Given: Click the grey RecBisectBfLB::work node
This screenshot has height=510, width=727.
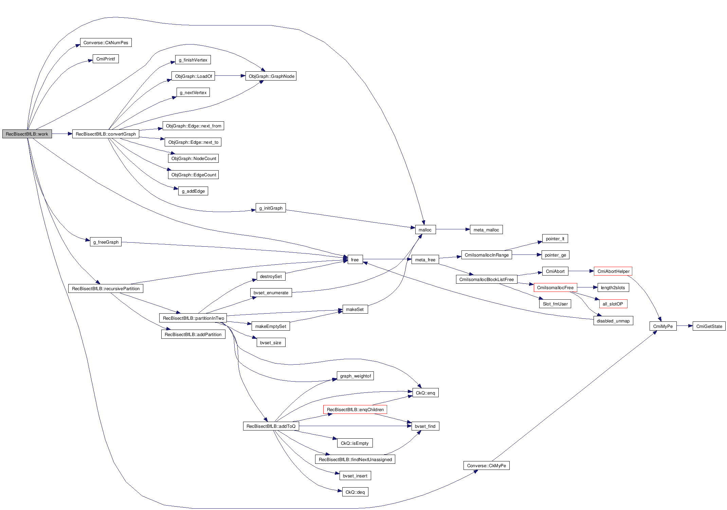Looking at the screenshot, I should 27,134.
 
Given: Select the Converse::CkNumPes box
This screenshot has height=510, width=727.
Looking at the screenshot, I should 106,42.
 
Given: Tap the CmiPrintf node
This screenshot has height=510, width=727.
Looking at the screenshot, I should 106,59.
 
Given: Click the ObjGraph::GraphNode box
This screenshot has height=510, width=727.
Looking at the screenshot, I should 271,76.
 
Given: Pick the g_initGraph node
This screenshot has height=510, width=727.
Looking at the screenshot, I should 271,208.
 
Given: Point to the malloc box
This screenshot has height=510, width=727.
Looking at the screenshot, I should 425,230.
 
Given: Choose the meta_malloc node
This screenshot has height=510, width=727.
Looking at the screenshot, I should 486,230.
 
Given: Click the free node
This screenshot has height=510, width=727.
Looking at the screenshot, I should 355,260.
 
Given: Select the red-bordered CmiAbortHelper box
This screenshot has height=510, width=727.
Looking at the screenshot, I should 613,271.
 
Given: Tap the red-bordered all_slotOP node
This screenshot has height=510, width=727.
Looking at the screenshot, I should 613,304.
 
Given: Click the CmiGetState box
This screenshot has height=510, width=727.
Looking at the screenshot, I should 709,326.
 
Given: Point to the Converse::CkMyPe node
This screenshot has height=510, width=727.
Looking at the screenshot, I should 486,465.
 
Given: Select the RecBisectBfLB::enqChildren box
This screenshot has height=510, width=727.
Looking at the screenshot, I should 355,409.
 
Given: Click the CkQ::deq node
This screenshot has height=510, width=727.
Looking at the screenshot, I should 355,492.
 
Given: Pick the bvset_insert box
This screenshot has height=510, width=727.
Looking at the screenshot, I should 355,476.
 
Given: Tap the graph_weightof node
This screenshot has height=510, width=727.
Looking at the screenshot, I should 355,376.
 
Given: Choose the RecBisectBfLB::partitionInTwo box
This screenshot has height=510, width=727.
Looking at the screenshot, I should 193,318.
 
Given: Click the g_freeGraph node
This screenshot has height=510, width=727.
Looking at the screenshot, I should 106,242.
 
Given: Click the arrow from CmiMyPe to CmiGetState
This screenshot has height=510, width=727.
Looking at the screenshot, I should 684,326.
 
